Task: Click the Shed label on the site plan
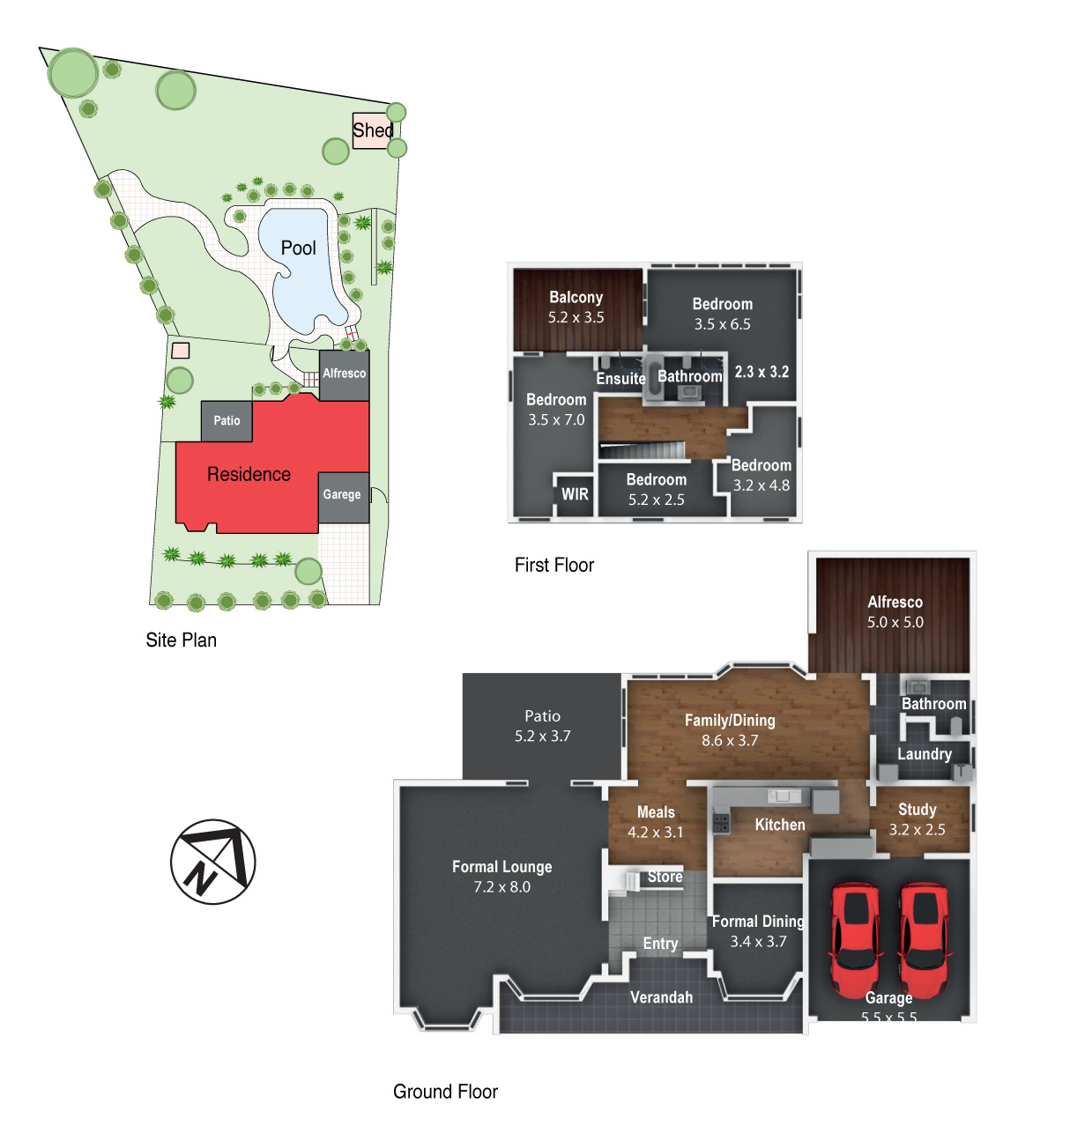pos(373,130)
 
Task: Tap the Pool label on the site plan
pos(299,248)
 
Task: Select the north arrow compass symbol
pos(212,862)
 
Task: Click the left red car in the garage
pos(856,940)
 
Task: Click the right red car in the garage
pos(924,940)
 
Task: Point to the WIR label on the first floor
pos(575,494)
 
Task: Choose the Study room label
pos(918,810)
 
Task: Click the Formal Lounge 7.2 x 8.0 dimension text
pos(502,886)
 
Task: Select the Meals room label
pos(656,812)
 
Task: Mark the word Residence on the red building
pos(249,474)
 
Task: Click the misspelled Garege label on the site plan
pos(342,494)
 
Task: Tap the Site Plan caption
pos(181,640)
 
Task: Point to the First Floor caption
pos(554,565)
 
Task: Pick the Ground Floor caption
pos(445,1092)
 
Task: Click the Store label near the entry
pos(665,877)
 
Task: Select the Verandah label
pos(661,997)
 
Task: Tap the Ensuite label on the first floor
pos(620,379)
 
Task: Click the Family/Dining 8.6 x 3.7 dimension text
pos(730,740)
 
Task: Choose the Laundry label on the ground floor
pos(925,754)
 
